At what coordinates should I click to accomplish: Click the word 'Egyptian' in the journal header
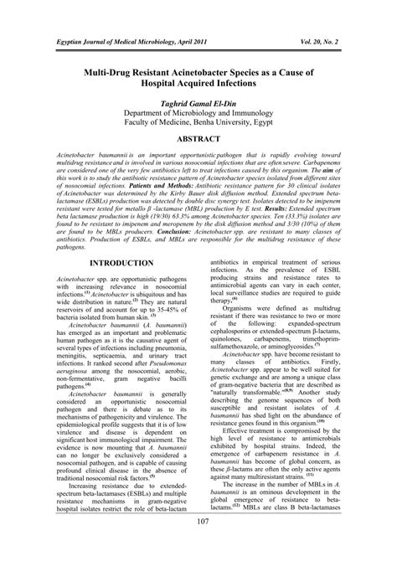[52, 40]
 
